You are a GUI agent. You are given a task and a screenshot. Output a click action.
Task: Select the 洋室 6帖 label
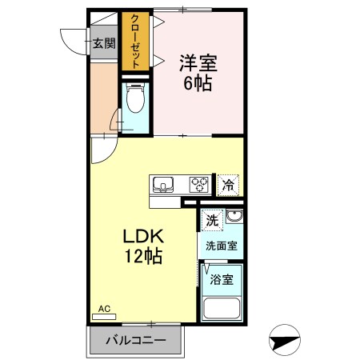[197, 71]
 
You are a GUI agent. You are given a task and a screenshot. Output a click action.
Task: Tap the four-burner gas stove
[198, 184]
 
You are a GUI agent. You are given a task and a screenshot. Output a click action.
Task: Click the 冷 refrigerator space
[228, 185]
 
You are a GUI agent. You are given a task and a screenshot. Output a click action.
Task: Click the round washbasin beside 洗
[234, 218]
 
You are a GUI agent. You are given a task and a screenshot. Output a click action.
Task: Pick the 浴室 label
[222, 279]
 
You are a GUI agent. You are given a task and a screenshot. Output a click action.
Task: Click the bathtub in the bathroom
[222, 310]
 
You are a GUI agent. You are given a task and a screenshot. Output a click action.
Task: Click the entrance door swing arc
[72, 42]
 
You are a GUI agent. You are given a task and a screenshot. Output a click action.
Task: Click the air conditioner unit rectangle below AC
[104, 317]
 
